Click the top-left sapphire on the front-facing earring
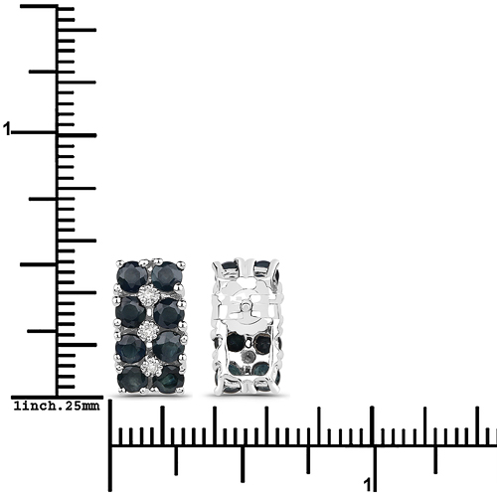pos(132,276)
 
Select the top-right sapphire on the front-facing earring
pos(167,276)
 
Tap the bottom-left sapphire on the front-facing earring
pos(132,380)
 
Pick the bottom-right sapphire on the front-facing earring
pos(169,380)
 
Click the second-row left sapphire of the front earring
pos(130,312)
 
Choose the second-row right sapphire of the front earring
pos(169,313)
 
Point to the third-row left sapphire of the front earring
pos(130,349)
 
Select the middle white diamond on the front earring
pos(148,331)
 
